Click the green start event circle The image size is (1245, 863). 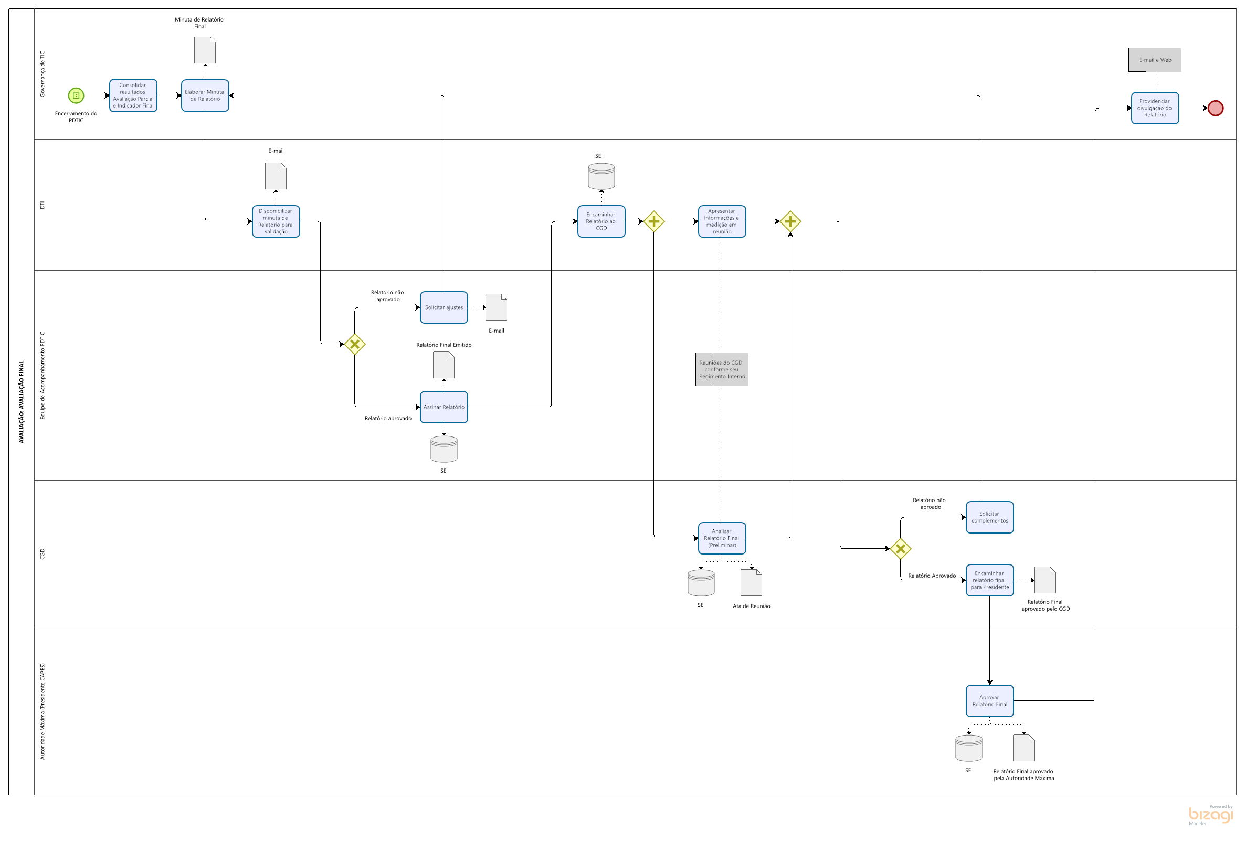point(76,95)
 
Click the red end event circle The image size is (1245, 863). point(1215,108)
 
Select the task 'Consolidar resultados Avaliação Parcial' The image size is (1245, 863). point(133,95)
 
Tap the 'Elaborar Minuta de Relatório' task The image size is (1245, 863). point(205,95)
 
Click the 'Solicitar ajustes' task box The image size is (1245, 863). point(444,307)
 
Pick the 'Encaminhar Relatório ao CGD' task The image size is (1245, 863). point(601,221)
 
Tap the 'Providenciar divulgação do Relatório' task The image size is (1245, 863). point(1155,108)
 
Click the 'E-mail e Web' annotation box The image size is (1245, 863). point(1155,60)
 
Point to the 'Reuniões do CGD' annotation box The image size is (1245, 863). point(722,369)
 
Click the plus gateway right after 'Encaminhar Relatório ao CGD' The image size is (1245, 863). point(654,221)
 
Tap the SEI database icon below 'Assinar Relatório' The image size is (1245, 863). point(444,450)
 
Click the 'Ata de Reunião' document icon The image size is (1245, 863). point(751,583)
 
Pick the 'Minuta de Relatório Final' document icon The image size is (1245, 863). point(205,50)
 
